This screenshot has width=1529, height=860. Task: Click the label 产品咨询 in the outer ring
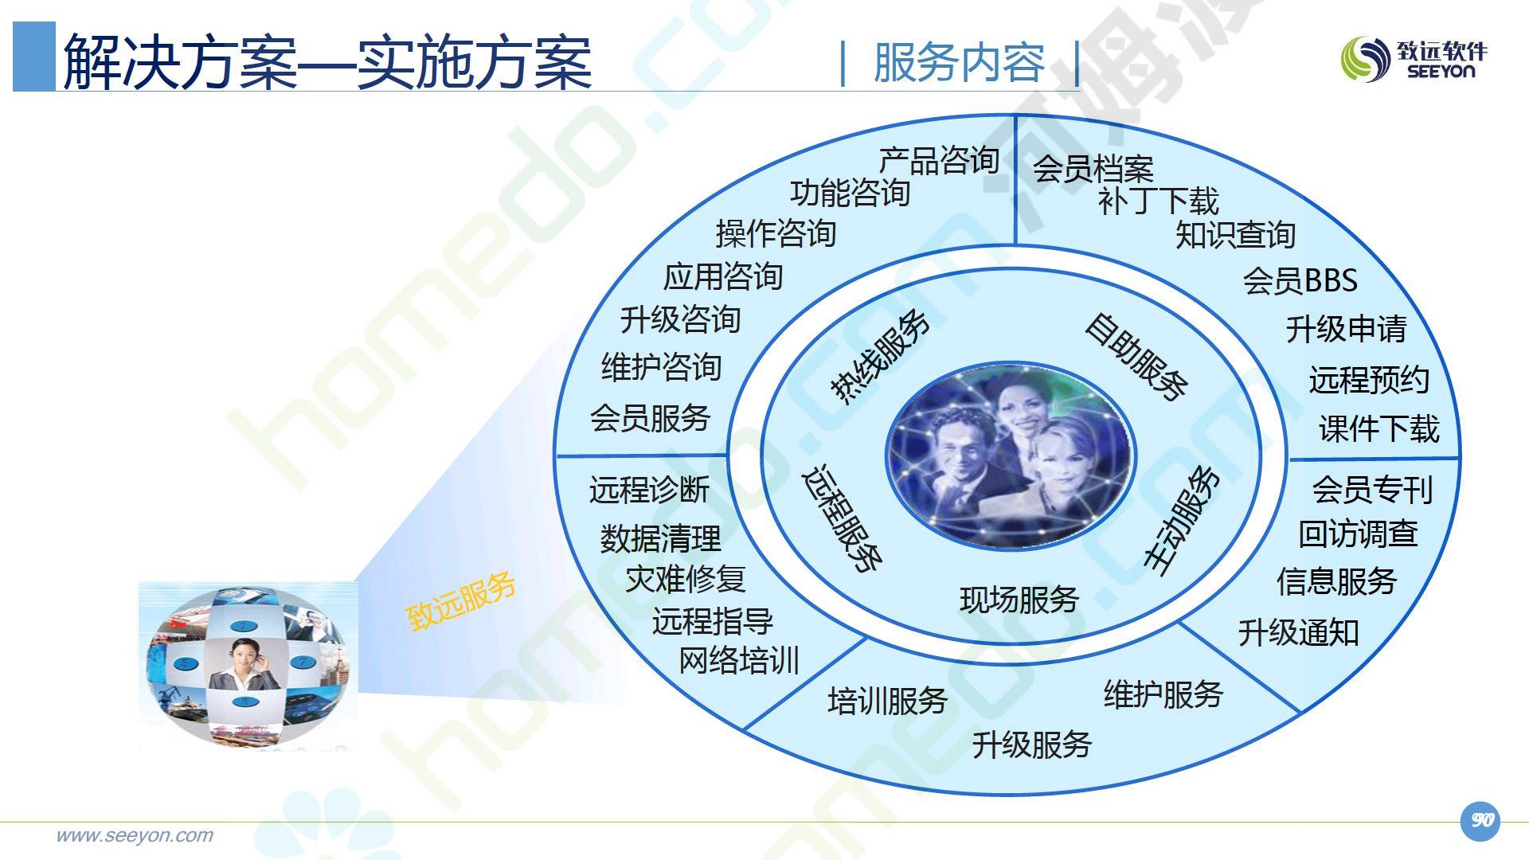tap(939, 160)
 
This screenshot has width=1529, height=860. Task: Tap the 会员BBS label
tap(1300, 280)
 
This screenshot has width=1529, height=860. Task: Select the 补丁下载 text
tap(1158, 201)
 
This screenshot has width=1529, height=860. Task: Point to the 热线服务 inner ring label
tap(880, 357)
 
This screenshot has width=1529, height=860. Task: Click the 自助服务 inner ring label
tap(1136, 356)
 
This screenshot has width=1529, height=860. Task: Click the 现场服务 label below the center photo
tap(1019, 600)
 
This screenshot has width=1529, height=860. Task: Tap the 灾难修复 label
tap(686, 579)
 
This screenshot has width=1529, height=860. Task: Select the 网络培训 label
tap(739, 661)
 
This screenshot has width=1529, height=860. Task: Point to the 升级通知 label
tap(1298, 633)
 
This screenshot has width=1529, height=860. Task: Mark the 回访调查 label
tap(1359, 534)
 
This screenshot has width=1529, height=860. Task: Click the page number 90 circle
tap(1480, 821)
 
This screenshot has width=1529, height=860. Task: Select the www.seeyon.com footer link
tap(135, 835)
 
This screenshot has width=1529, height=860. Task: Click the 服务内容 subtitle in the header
tap(959, 62)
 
